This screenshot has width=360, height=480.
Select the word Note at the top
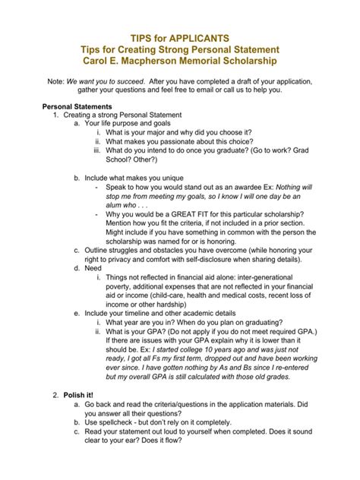(55, 80)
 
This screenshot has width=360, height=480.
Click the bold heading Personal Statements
(77, 106)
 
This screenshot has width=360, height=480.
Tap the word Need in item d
(93, 268)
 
